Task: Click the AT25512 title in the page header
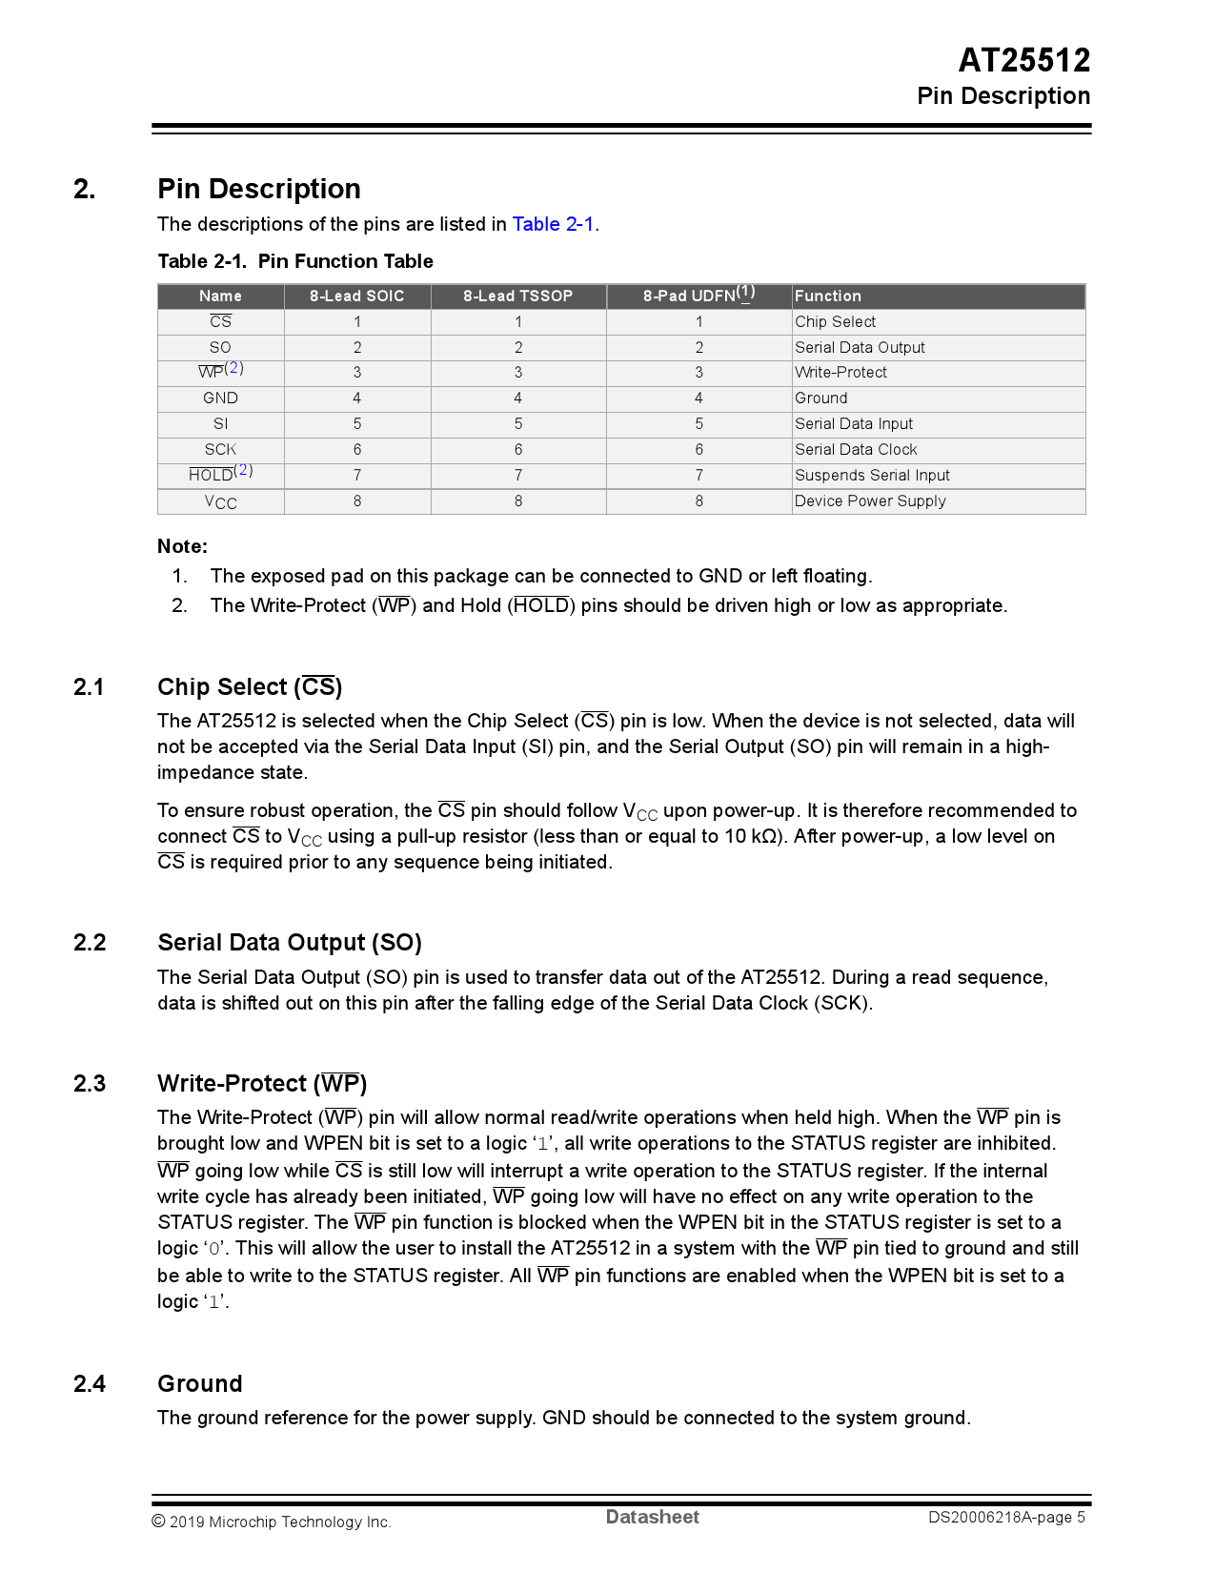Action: (1023, 60)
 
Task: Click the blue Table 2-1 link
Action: (553, 224)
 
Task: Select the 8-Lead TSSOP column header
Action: (517, 296)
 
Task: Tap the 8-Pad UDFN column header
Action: (699, 296)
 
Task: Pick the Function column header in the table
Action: (827, 296)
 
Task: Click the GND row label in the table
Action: (220, 398)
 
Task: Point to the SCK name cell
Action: (220, 450)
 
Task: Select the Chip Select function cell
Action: (835, 322)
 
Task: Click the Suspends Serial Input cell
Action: (872, 476)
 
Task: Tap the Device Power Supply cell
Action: (870, 501)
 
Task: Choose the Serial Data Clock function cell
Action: (856, 450)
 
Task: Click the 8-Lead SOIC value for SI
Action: (357, 424)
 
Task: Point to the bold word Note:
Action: (182, 546)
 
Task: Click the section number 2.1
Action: (89, 687)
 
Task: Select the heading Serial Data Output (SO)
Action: (290, 943)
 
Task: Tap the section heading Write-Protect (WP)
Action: (262, 1084)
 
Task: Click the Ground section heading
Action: (200, 1384)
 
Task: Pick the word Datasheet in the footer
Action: (652, 1518)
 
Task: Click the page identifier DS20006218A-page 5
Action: (1006, 1518)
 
